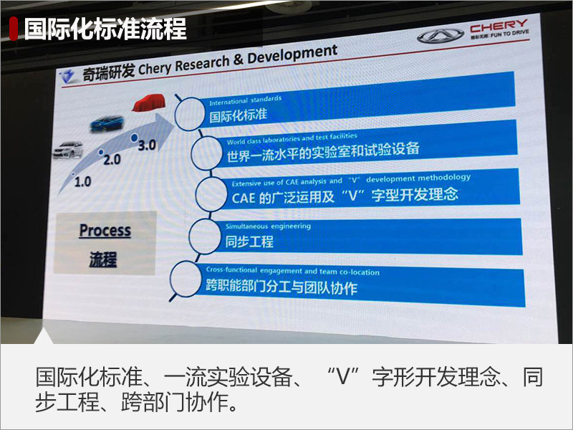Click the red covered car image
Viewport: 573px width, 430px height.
[149, 102]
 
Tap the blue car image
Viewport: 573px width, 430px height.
[107, 123]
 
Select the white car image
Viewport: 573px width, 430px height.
[68, 150]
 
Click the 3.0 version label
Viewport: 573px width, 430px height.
[147, 145]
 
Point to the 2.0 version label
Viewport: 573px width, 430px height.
[112, 160]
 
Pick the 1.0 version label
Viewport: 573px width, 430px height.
[82, 181]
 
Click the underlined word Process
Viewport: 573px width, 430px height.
[105, 231]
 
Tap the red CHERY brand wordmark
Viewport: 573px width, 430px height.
[499, 26]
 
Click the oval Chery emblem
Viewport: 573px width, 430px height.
[440, 37]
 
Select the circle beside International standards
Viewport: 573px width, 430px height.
[190, 114]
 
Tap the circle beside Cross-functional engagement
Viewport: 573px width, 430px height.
[186, 279]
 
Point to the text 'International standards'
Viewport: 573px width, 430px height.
[245, 100]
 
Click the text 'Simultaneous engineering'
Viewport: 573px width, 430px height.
[268, 226]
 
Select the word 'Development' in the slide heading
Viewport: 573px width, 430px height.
[292, 55]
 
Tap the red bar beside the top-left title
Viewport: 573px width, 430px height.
[14, 29]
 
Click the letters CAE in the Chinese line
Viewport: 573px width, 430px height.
[243, 198]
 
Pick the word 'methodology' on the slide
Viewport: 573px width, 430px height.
[444, 178]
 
